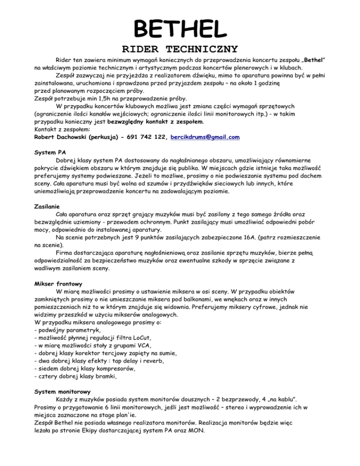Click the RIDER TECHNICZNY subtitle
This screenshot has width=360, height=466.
[x=180, y=49]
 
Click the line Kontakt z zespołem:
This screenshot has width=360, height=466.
[x=64, y=128]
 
